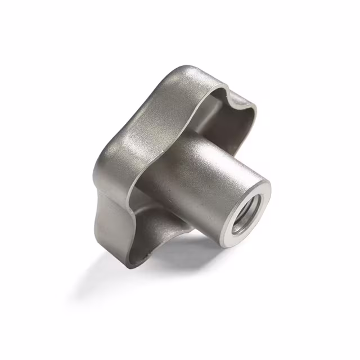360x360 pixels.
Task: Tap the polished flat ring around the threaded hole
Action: (x=260, y=197)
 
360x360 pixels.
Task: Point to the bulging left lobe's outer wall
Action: (x=107, y=163)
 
